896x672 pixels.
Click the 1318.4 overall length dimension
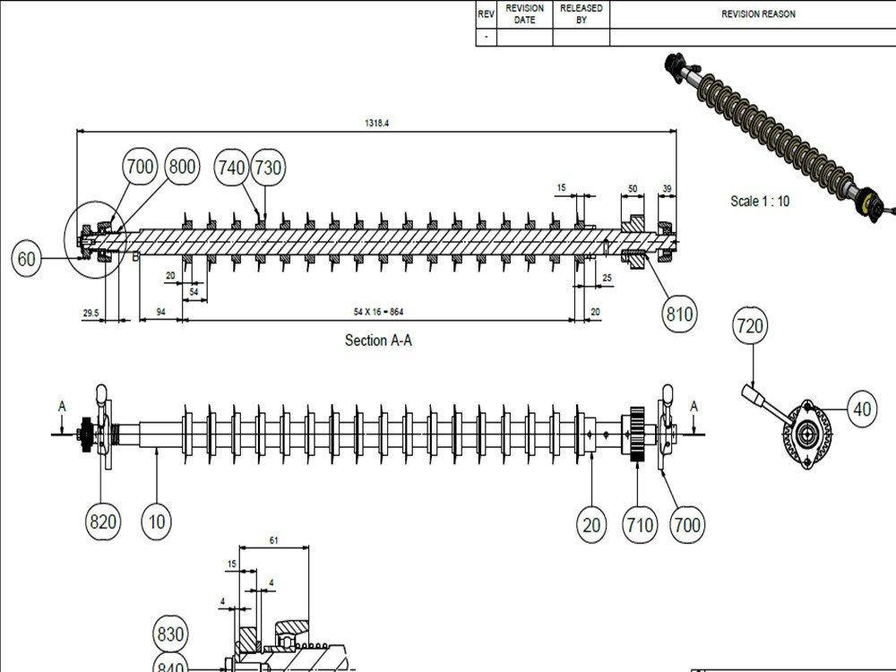pyautogui.click(x=376, y=123)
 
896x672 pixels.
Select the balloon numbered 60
pyautogui.click(x=26, y=259)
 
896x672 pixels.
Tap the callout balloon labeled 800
pyautogui.click(x=182, y=167)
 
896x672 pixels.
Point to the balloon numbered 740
pyautogui.click(x=231, y=168)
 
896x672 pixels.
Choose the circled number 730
pyautogui.click(x=268, y=168)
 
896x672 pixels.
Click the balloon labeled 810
pyautogui.click(x=679, y=314)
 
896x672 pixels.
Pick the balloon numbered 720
pyautogui.click(x=750, y=326)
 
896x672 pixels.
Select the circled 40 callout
pyautogui.click(x=862, y=409)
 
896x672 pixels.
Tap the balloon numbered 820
pyautogui.click(x=103, y=521)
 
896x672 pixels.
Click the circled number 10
pyautogui.click(x=157, y=521)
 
